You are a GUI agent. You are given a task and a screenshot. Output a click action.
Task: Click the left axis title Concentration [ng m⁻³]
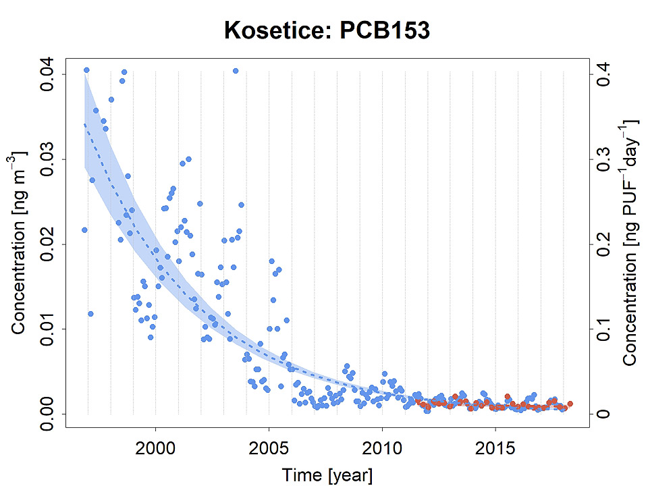tap(20, 244)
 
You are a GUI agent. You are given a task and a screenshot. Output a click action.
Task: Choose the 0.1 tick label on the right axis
tap(603, 329)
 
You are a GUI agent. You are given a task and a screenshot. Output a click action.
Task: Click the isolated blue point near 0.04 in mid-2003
tap(236, 71)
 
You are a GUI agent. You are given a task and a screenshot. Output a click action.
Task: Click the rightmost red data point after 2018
tap(570, 404)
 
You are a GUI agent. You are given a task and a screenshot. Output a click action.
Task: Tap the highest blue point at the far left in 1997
tap(86, 70)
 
